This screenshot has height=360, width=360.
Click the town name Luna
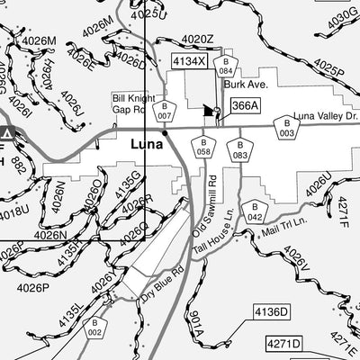(147, 143)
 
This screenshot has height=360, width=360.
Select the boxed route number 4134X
(190, 61)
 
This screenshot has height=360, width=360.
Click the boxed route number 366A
(245, 105)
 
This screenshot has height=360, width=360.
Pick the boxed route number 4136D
(270, 312)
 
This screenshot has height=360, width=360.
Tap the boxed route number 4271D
(283, 344)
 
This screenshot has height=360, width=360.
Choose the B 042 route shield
(256, 212)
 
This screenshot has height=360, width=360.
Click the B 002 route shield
(95, 328)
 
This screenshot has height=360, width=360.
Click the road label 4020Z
(197, 40)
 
